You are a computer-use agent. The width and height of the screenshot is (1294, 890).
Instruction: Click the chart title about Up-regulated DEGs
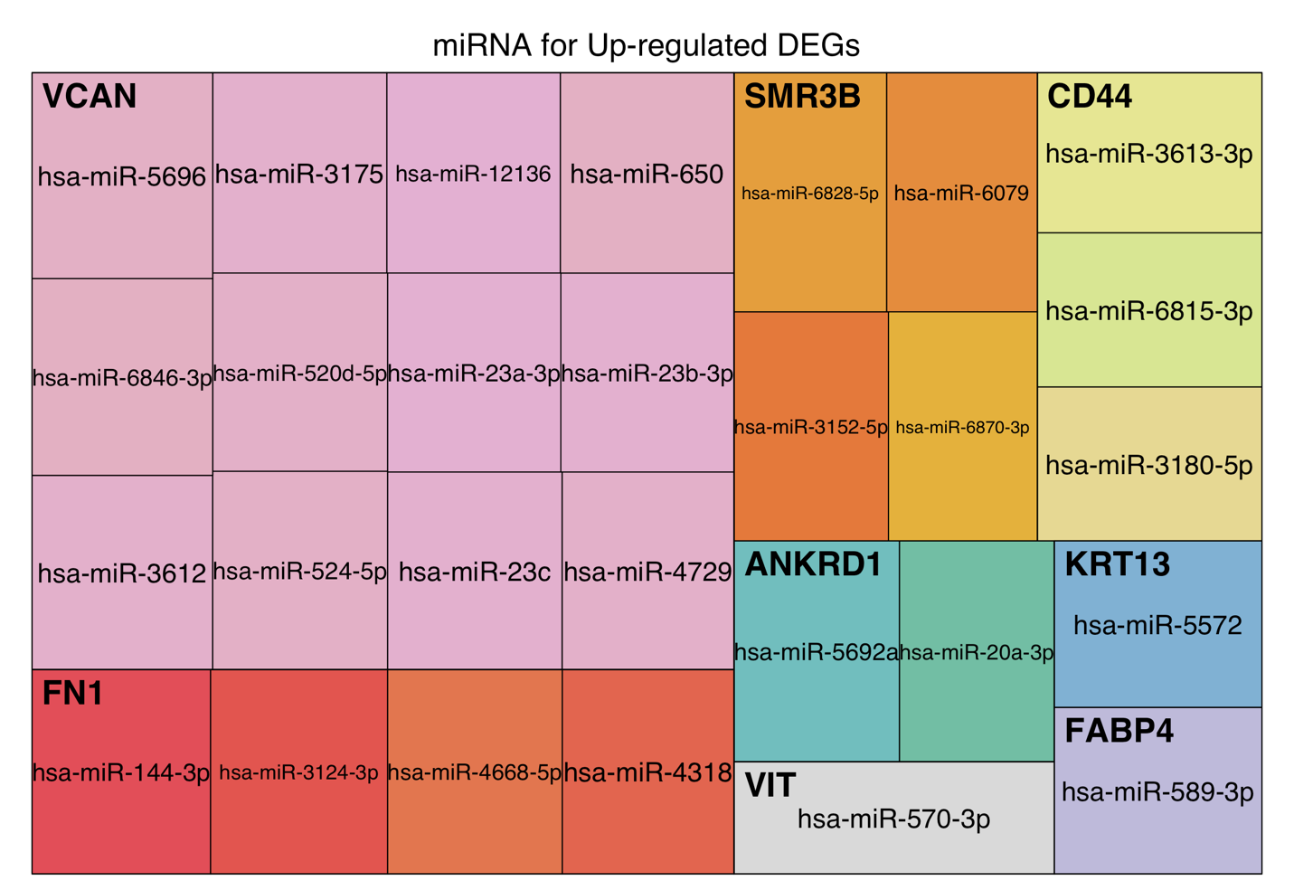point(646,45)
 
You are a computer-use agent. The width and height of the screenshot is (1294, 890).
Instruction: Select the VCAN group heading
point(90,97)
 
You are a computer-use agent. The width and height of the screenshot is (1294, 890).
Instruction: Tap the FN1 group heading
point(72,694)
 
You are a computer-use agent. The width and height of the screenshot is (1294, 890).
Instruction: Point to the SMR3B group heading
point(802,97)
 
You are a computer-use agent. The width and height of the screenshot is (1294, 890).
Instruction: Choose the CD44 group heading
point(1089,97)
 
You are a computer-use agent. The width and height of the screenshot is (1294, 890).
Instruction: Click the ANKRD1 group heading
point(813,564)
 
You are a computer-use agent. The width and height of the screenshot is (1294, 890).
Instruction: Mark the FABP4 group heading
point(1119,731)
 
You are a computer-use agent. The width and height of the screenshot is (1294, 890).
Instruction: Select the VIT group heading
point(770,785)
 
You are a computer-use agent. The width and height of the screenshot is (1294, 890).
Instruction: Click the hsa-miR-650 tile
point(647,174)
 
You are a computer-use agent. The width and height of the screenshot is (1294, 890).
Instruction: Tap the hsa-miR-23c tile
point(475,572)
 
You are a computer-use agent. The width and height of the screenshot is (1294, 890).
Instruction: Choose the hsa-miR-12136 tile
point(474,174)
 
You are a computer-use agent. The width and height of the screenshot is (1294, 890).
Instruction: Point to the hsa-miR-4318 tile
point(647,772)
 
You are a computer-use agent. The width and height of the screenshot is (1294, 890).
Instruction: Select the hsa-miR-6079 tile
point(961,193)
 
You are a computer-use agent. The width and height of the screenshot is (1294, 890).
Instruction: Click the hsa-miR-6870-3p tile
point(962,427)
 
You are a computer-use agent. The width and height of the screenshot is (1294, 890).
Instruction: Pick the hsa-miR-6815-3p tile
point(1149,310)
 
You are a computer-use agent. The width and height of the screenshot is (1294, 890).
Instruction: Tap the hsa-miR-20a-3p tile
point(977,652)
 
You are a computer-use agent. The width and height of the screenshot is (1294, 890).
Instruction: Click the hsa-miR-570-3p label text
point(893,819)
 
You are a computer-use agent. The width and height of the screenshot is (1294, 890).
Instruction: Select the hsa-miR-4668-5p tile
point(475,772)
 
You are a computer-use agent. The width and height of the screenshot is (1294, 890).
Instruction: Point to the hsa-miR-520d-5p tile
point(299,373)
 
